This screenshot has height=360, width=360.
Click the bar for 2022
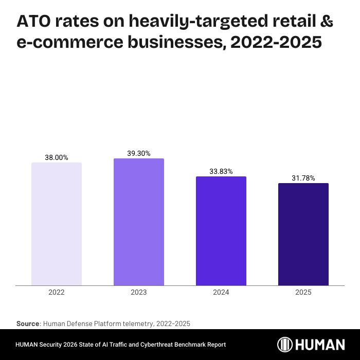coord(57,224)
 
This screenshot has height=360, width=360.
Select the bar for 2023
coord(139,222)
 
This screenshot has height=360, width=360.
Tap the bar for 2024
coord(221,231)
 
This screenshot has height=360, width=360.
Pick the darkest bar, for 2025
coord(303,234)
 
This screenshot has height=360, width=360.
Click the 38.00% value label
coord(57,158)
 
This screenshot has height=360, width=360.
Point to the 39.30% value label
coord(139,153)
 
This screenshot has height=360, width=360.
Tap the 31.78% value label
coord(303,178)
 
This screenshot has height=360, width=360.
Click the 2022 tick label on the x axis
coord(57,292)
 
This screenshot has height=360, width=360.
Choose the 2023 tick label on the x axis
coord(139,292)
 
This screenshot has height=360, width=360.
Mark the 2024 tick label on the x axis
coord(221,292)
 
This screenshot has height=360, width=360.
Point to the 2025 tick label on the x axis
coord(303,292)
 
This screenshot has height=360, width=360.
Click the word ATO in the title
coord(35,22)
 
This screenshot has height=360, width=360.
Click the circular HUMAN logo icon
coord(285,344)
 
